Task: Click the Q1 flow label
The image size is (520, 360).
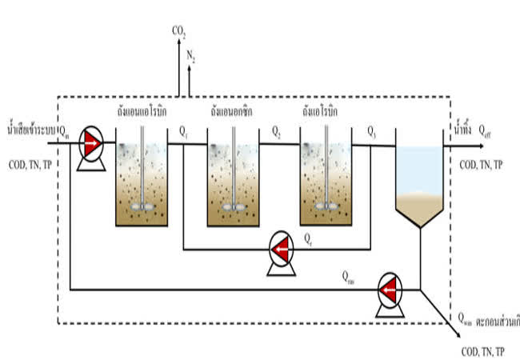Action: [x=183, y=130]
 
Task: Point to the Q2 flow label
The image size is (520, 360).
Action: [x=276, y=130]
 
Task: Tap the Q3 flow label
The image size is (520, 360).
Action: [x=372, y=130]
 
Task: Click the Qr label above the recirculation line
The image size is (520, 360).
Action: [x=308, y=238]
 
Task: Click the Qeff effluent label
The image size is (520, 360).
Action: [x=486, y=131]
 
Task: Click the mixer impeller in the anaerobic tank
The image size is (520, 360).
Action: [x=142, y=204]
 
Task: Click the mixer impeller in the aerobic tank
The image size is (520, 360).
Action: [x=326, y=204]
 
